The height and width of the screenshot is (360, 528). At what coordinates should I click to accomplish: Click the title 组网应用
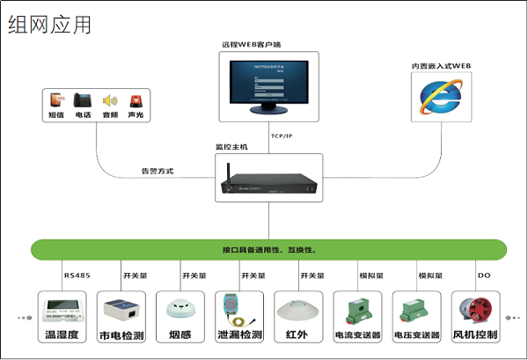click(49, 25)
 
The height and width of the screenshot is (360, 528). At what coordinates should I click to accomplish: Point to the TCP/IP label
click(282, 136)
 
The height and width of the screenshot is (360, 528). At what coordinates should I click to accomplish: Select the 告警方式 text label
click(158, 170)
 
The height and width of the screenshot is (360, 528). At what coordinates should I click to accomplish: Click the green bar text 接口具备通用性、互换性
click(269, 250)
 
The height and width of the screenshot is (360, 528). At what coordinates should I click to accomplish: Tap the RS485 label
click(77, 276)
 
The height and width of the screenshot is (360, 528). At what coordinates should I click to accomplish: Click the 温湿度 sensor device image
click(62, 309)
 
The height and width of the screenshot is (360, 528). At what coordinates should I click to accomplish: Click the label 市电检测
click(121, 334)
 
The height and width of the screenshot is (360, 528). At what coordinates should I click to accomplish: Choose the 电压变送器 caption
click(415, 335)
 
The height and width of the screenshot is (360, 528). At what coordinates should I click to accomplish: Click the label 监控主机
click(232, 147)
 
